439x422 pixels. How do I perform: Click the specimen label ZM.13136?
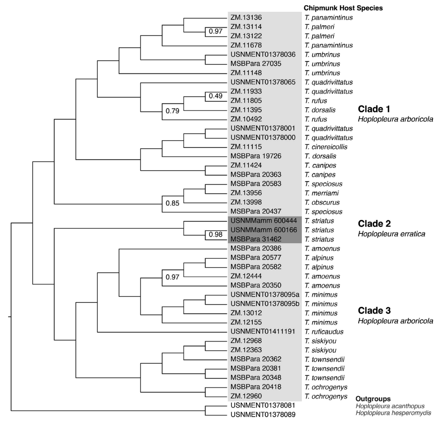[x=246, y=17]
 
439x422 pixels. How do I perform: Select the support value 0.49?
[x=216, y=96]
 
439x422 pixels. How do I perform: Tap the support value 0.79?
[x=172, y=111]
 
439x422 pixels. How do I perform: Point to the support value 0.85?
[x=172, y=203]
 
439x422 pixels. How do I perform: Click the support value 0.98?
[x=216, y=235]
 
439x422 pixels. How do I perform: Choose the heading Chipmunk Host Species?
[x=343, y=8]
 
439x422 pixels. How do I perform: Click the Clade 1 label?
[x=374, y=109]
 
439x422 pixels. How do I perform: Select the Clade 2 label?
[x=374, y=224]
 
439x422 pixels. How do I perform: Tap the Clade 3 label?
[x=374, y=311]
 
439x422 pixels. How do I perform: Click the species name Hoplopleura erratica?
[x=392, y=234]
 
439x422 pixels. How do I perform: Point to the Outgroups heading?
[x=373, y=399]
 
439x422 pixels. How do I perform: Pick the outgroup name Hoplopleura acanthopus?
[x=390, y=406]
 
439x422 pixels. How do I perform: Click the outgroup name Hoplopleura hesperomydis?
[x=393, y=413]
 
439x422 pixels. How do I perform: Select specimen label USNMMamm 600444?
[x=264, y=220]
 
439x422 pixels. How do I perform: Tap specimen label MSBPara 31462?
[x=256, y=239]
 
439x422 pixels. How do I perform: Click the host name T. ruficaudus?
[x=324, y=331]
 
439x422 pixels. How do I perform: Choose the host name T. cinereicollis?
[x=326, y=147]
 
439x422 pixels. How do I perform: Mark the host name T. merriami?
[x=321, y=193]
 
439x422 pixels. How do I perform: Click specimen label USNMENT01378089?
[x=263, y=415]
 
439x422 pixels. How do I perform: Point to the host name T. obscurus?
[x=322, y=202]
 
